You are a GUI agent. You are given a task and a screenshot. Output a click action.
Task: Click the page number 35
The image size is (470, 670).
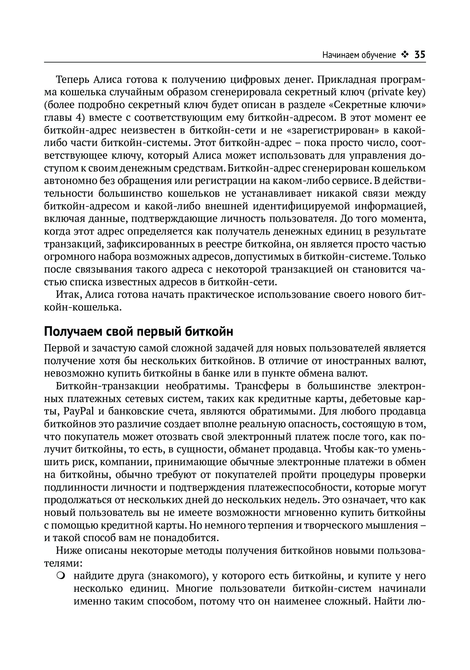[420, 54]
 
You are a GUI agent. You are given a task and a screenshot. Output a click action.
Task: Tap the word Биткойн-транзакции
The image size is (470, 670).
[108, 386]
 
